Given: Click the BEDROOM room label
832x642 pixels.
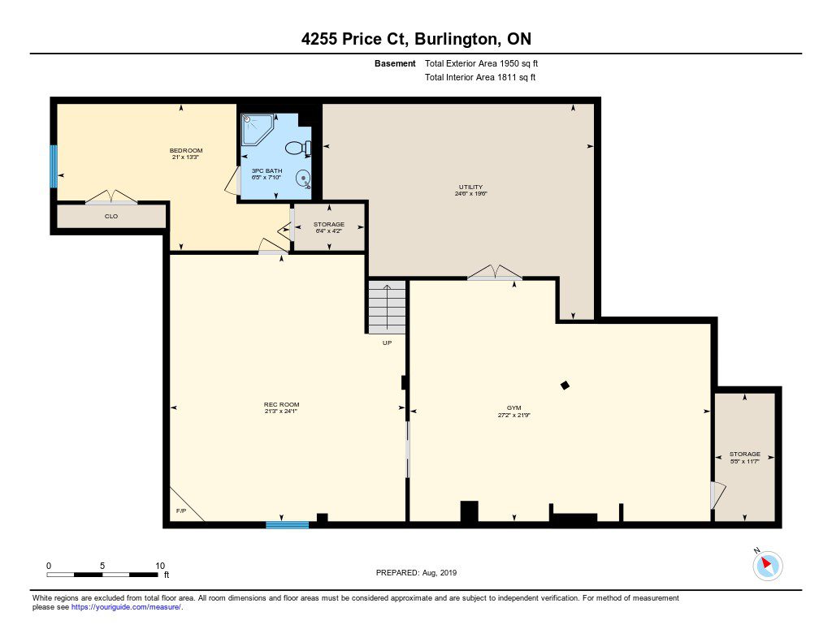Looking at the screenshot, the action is pos(186,151).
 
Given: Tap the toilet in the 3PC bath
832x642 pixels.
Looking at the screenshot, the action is pos(298,148).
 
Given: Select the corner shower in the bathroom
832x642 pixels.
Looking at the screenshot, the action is pos(258,129).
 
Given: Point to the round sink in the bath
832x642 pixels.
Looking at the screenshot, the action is pos(303,178).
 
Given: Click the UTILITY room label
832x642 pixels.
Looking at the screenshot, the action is pos(470,187).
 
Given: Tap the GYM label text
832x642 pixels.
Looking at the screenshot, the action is pos(513,407).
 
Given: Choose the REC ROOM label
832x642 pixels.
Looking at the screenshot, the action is pos(281,404).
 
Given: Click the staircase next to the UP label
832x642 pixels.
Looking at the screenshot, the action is pos(387,308).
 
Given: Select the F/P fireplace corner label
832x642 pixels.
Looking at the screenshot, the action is pos(181,511).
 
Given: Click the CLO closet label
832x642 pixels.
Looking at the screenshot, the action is pos(110,216).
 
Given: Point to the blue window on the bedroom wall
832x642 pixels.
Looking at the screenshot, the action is pos(54,166).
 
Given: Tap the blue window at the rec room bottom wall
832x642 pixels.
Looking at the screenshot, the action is pos(287,525).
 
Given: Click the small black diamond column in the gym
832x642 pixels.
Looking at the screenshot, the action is pos(565,386).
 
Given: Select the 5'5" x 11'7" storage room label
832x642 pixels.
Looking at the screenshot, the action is pos(744,458).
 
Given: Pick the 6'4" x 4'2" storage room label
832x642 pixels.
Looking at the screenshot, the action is pos(328,228).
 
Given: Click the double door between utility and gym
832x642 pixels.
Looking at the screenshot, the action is pos(495,273).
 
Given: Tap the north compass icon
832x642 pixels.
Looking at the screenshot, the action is pos(767,566).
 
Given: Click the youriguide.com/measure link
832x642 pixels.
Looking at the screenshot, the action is pos(126,607).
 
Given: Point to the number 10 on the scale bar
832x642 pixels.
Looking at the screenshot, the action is pos(160,566).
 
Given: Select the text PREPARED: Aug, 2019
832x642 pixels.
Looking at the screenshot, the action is pos(416,572).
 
